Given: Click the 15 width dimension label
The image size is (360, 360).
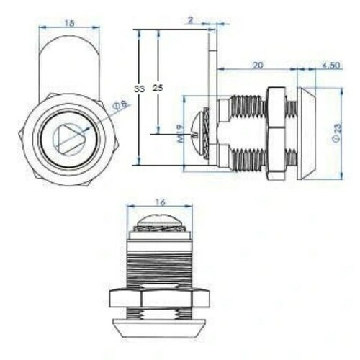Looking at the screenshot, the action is (x=69, y=23).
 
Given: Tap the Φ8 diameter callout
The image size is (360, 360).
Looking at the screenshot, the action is (x=122, y=105).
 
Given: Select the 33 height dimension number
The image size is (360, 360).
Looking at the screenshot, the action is (x=139, y=89).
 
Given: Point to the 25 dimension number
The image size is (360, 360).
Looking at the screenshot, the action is (x=158, y=88).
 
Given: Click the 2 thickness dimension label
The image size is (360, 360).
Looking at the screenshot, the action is (x=190, y=20).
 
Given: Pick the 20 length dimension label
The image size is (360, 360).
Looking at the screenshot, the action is (x=258, y=65).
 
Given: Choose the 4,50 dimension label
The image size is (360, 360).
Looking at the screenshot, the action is (x=330, y=66).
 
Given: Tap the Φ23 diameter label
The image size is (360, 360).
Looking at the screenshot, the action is (x=337, y=133).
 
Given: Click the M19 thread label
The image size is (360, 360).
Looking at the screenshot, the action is (x=181, y=134).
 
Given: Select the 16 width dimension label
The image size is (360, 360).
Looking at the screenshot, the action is (x=160, y=202).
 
